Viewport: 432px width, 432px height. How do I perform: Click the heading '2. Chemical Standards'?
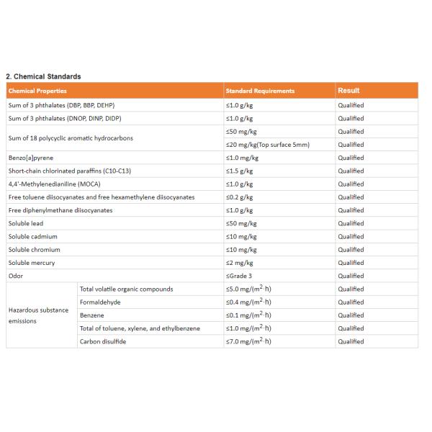[x=43, y=76]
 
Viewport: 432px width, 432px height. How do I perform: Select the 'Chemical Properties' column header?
[x=37, y=91]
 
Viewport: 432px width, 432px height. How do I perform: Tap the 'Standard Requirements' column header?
[x=260, y=91]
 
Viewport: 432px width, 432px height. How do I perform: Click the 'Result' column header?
[x=348, y=91]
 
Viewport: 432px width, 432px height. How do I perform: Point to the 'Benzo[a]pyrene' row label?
[x=30, y=158]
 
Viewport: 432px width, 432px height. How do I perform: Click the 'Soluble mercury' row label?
[x=32, y=263]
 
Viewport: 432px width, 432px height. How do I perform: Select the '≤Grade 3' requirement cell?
[x=239, y=276]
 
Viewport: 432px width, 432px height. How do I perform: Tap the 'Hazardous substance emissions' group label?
[x=38, y=315]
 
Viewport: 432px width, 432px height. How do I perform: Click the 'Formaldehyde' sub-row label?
[x=100, y=302]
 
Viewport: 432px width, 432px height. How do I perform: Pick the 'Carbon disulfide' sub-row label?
[x=103, y=341]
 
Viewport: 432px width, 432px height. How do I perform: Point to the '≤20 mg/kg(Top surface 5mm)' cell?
[x=267, y=145]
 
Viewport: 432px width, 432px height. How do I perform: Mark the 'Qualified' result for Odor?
[x=351, y=276]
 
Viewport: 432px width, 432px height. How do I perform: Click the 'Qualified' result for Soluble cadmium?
[x=351, y=236]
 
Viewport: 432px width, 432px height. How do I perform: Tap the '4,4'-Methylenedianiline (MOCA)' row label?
[x=54, y=184]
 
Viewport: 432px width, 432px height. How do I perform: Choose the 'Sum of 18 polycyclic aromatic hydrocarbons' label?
[x=71, y=138]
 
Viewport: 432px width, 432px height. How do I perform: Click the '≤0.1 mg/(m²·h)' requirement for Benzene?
[x=248, y=315]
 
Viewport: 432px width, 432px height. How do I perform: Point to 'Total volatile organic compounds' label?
[x=126, y=289]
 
